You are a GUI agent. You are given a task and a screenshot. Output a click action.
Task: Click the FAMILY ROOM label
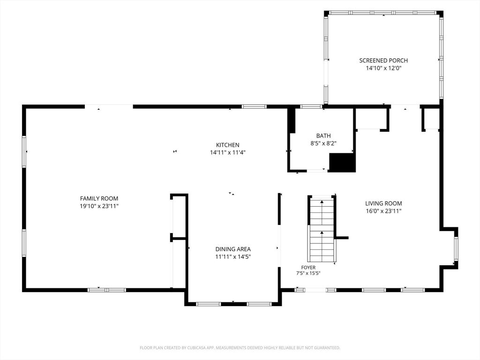99,199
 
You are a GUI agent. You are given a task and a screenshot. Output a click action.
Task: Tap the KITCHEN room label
228,145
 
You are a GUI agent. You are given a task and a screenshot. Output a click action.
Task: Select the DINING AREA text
233,249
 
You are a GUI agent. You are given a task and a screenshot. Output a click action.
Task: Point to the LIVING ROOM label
383,203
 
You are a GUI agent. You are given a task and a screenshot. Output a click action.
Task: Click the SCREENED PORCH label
383,60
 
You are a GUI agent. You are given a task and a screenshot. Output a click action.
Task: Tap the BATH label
323,135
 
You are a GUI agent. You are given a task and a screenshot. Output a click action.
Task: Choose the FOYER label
308,268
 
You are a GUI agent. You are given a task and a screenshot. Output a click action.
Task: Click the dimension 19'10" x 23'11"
99,206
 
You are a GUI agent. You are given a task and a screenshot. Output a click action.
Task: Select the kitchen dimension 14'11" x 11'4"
228,152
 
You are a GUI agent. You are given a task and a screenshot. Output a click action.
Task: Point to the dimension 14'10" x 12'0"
383,68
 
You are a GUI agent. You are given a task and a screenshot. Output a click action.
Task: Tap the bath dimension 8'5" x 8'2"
323,143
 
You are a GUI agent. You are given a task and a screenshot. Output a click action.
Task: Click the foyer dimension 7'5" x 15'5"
308,273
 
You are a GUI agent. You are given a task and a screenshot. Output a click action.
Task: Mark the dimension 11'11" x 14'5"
233,256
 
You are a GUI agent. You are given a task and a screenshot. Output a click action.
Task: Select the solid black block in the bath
342,163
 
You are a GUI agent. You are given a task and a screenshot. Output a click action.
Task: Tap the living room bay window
456,248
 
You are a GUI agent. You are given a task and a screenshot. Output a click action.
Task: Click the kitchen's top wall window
254,106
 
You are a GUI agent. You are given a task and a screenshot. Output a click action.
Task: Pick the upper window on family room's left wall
24,152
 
